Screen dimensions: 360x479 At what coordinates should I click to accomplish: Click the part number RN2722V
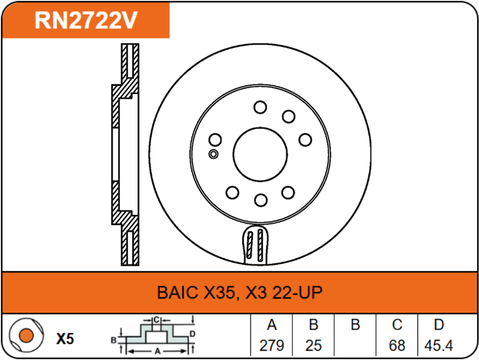coord(85,20)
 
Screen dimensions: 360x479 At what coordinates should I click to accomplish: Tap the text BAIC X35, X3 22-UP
coord(239,293)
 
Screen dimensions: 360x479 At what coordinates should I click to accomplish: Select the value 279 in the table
coord(272,345)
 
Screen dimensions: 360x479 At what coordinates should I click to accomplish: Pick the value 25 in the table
coord(314,345)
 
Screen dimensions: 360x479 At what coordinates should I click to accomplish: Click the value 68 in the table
coord(397,345)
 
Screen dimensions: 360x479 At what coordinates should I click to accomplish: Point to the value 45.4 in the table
coord(439,345)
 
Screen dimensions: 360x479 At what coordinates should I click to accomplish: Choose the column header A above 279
coord(272,325)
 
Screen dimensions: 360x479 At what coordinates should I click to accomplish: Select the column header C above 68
coord(397,325)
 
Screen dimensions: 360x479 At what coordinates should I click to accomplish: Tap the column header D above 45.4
coord(439,325)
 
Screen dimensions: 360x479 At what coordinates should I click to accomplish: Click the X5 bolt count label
coord(65,339)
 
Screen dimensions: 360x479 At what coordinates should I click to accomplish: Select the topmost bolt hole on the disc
coord(260,107)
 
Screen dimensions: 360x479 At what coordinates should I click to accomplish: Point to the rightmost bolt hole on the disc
coord(305,140)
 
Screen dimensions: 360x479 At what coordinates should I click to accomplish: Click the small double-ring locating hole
coord(213,154)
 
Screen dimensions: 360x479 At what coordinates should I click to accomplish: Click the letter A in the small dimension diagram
coord(157,351)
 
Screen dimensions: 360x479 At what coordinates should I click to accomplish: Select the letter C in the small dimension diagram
coord(156,319)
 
